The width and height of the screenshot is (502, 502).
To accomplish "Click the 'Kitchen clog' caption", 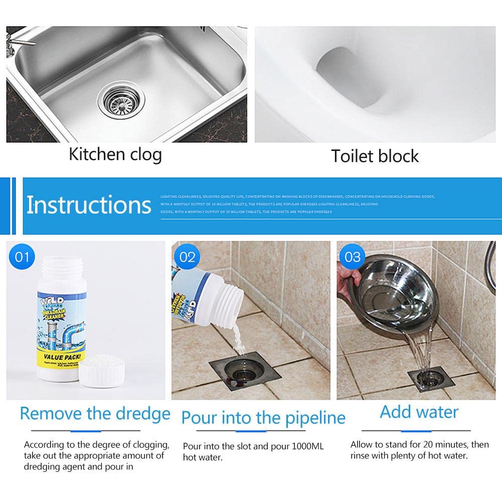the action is [115, 154].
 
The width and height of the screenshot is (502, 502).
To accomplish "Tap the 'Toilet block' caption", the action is [375, 156].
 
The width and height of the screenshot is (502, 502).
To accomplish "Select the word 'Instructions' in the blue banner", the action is [89, 205].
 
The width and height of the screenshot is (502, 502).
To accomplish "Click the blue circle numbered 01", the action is [22, 257].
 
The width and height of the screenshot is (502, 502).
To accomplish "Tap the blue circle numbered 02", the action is [187, 257].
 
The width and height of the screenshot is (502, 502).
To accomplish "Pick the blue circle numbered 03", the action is [353, 257].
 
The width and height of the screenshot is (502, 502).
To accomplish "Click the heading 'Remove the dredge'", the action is [95, 414].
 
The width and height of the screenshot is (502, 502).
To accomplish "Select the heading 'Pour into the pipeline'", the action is [263, 417].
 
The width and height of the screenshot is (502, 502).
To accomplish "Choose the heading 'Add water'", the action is [419, 412].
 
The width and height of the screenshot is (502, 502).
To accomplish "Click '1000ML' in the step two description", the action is [301, 445].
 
